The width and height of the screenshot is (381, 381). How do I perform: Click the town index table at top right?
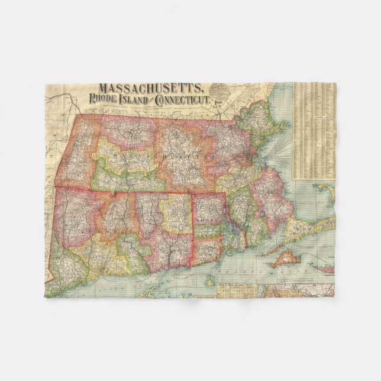tap(314, 130)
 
